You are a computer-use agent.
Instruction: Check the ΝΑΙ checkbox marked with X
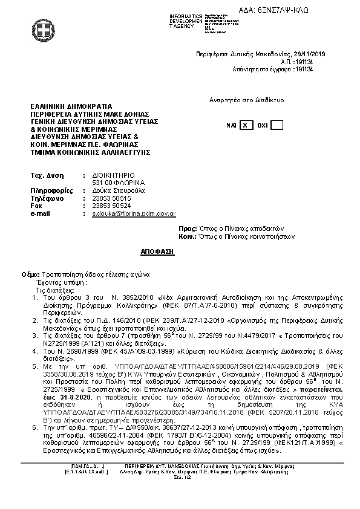244,125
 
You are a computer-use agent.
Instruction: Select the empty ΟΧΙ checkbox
277,125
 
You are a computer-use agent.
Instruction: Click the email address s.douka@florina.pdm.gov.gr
134,213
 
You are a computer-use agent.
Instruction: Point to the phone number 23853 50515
111,198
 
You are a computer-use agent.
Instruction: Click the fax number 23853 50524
111,206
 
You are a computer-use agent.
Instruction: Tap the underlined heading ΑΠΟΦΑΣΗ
161,250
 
